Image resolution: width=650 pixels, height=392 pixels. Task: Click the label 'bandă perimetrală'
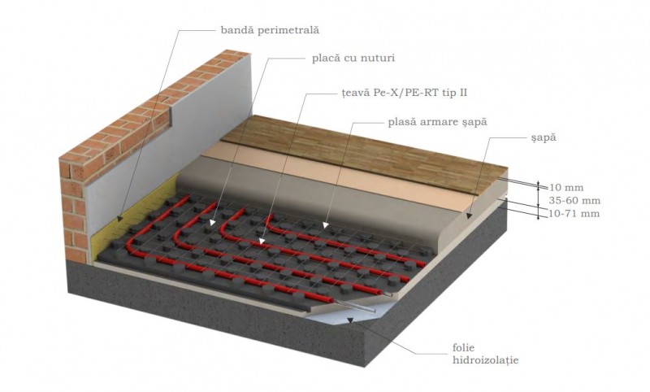(x=270, y=30)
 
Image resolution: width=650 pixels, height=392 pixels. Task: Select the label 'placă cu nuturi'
(x=353, y=58)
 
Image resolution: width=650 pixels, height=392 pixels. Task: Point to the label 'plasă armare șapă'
(x=437, y=122)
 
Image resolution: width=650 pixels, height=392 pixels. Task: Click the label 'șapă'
(x=542, y=137)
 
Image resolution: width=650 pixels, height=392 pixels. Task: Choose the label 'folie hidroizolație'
(x=485, y=354)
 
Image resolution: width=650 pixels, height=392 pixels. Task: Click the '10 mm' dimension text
(x=566, y=188)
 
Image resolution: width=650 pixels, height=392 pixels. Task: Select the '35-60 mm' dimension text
(x=574, y=201)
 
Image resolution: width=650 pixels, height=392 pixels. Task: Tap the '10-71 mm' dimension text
(x=574, y=214)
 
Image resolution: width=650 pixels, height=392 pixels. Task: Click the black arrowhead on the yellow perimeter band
(x=119, y=218)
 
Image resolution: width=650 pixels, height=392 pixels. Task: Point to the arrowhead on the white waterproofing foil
(x=351, y=320)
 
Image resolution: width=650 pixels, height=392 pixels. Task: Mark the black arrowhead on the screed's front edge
(x=469, y=216)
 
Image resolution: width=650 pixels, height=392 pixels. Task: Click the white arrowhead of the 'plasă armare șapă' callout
(x=326, y=225)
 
